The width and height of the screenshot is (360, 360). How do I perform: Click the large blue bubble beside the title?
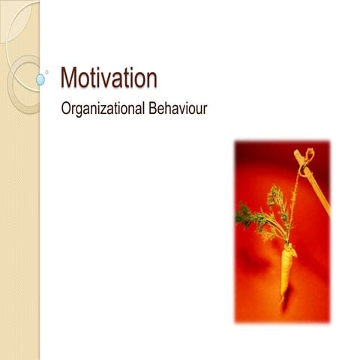(x=40, y=78)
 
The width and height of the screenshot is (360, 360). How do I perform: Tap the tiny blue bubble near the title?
(x=47, y=72)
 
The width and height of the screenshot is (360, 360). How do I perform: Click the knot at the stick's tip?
(x=303, y=155)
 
